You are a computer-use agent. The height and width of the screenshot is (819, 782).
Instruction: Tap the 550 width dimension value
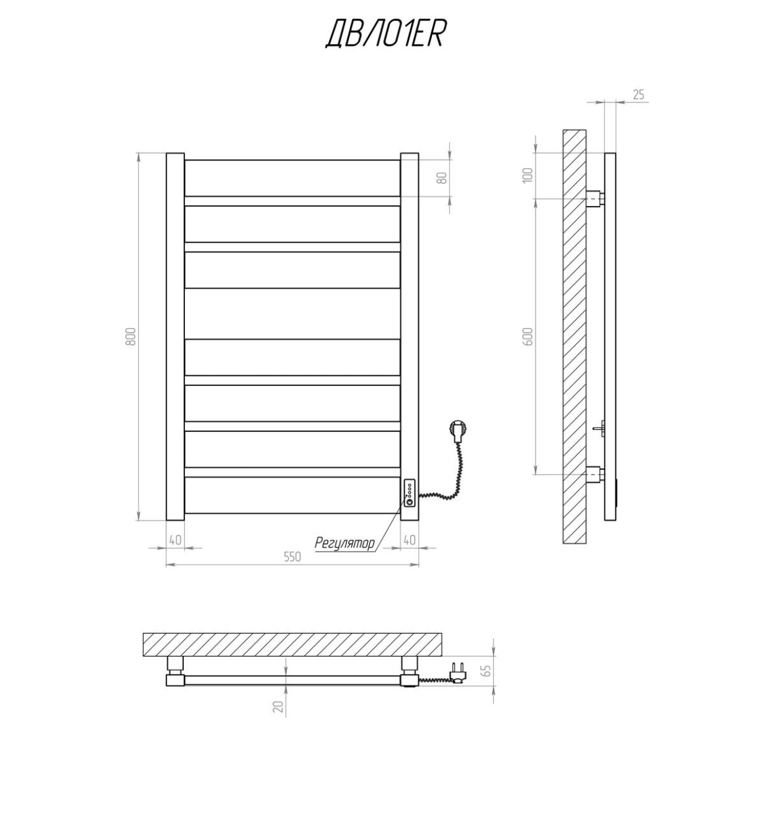click(x=292, y=557)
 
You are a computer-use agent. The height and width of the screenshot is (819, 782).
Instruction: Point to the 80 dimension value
click(x=443, y=178)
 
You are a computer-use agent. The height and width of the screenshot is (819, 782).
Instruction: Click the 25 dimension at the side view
click(x=638, y=95)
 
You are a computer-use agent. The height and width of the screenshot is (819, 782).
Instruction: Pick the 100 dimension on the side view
click(x=528, y=175)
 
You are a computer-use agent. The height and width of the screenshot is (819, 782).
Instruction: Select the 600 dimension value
click(x=528, y=336)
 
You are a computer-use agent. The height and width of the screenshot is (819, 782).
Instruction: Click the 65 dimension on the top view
click(x=486, y=670)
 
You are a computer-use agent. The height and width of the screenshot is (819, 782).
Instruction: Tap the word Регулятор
click(x=344, y=544)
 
